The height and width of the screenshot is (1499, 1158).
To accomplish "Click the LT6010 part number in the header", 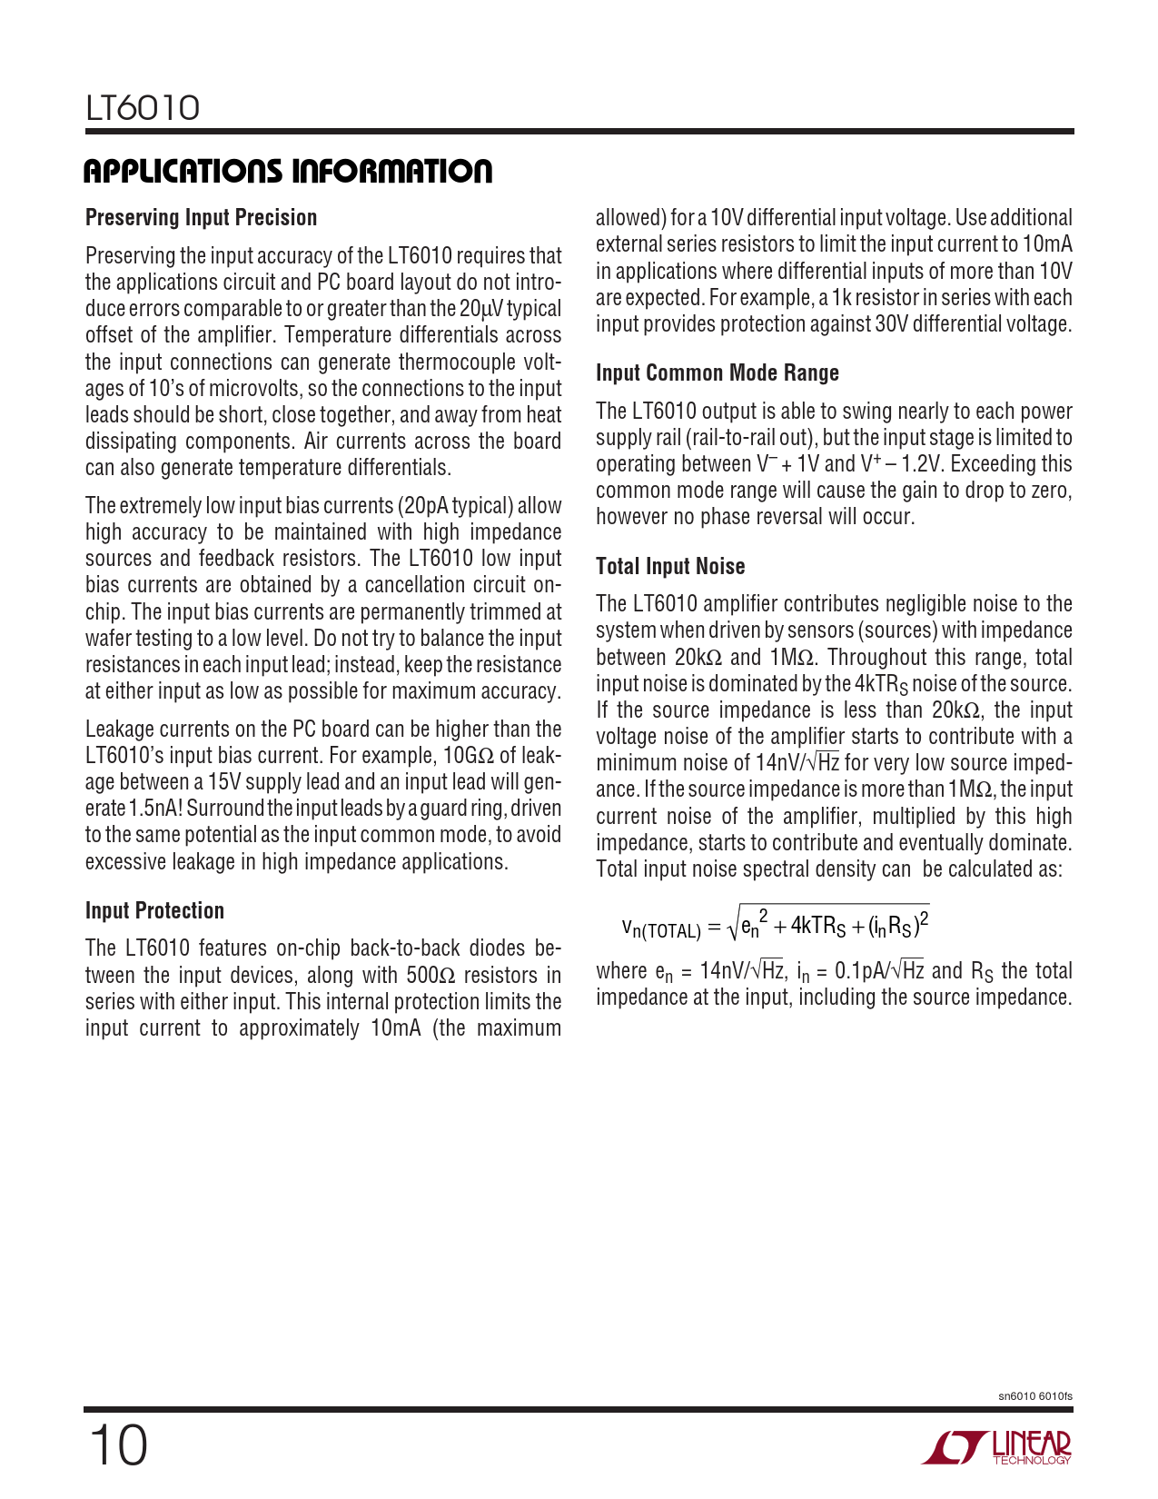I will (x=143, y=108).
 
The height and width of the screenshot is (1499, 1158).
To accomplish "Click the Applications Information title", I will (x=288, y=171).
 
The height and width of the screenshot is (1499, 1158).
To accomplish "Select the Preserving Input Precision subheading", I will (x=201, y=218).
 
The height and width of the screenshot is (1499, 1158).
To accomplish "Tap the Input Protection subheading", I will (x=154, y=911).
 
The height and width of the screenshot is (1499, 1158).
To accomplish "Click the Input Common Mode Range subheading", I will (x=717, y=373).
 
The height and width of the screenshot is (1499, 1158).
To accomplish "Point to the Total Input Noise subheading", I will (x=669, y=567).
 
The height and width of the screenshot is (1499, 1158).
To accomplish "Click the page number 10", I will (x=117, y=1445).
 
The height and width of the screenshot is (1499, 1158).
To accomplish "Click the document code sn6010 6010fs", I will (x=1034, y=1396).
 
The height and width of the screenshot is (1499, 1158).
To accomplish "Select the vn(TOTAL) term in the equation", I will (x=661, y=928).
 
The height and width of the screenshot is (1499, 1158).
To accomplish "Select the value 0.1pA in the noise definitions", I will (x=859, y=971).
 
